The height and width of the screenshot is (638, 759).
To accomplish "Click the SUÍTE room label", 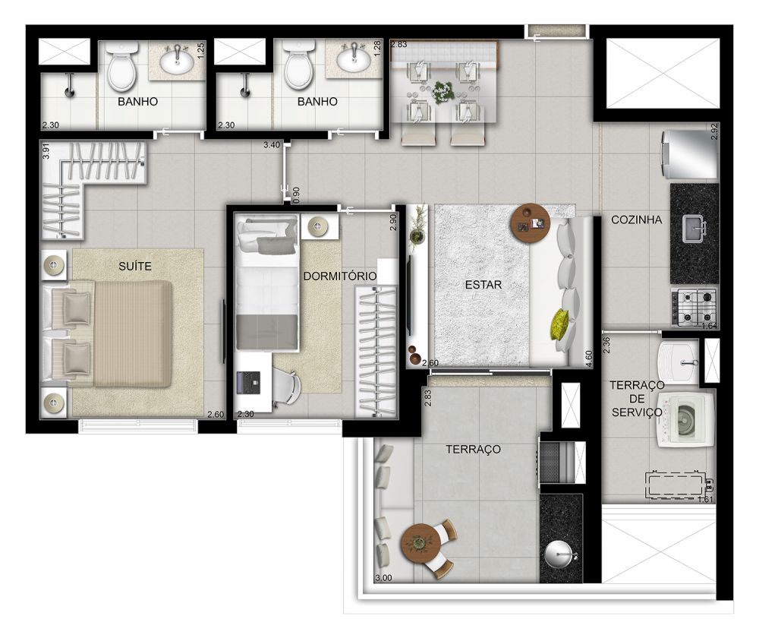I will pos(134,267).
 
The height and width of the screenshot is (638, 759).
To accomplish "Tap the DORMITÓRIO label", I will pos(339,276).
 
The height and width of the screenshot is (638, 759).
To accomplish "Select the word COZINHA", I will pos(636,220).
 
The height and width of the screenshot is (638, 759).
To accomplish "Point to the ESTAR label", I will pos(484,285).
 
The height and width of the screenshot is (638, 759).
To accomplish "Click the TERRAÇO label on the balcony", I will pos(473,450).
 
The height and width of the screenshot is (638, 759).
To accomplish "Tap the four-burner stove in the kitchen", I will pos(694,307).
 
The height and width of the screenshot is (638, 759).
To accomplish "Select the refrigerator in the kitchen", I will pos(689,155).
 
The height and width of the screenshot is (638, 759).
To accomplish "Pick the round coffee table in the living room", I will pos(530,221).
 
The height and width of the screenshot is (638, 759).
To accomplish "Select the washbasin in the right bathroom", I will pos(354,57).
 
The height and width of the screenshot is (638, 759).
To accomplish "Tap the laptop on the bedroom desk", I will pos(248,381).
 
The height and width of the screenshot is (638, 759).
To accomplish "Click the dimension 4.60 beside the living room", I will pos(589,357).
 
